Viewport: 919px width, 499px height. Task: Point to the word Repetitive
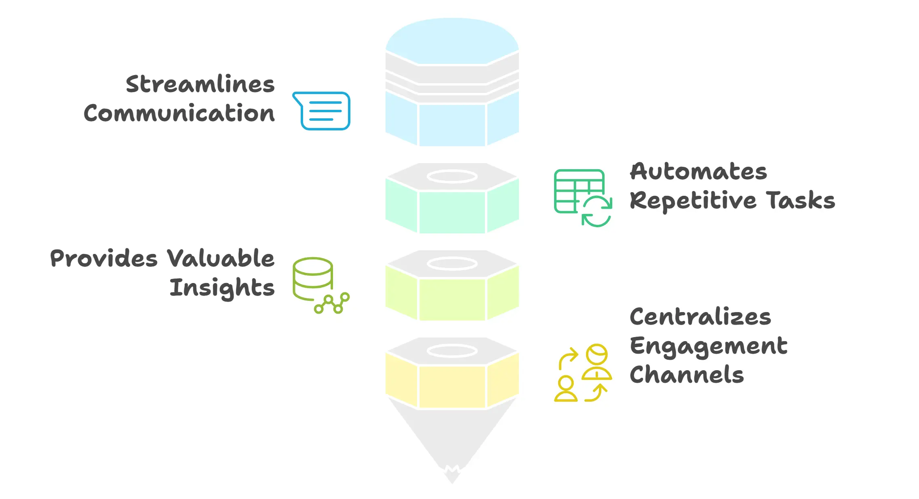point(693,201)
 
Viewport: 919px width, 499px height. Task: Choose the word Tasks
point(801,200)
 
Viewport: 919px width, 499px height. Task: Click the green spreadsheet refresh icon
point(582,197)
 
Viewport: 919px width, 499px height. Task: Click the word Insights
point(222,288)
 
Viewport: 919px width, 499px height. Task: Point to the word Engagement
point(708,346)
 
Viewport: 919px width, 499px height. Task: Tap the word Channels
point(687,375)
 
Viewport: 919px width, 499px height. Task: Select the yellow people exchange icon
point(582,373)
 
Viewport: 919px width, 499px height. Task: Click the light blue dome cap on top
point(452,40)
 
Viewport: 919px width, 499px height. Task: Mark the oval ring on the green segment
point(452,176)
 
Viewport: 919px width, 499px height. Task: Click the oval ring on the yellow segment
point(452,351)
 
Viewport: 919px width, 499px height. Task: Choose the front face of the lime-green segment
point(452,299)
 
